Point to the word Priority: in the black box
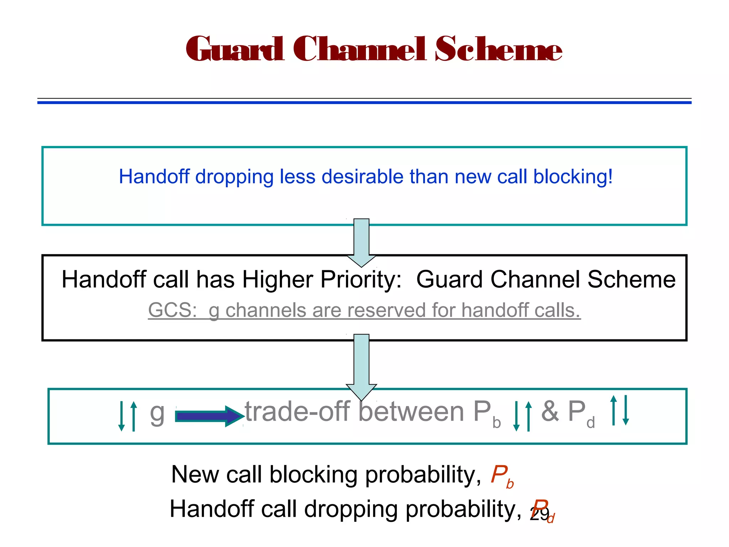click(361, 280)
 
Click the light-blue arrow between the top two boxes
click(361, 242)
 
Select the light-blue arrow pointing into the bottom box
click(361, 367)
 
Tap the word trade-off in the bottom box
click(298, 412)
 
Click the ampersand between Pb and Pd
click(550, 412)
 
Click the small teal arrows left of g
click(127, 416)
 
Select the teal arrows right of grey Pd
click(619, 410)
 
